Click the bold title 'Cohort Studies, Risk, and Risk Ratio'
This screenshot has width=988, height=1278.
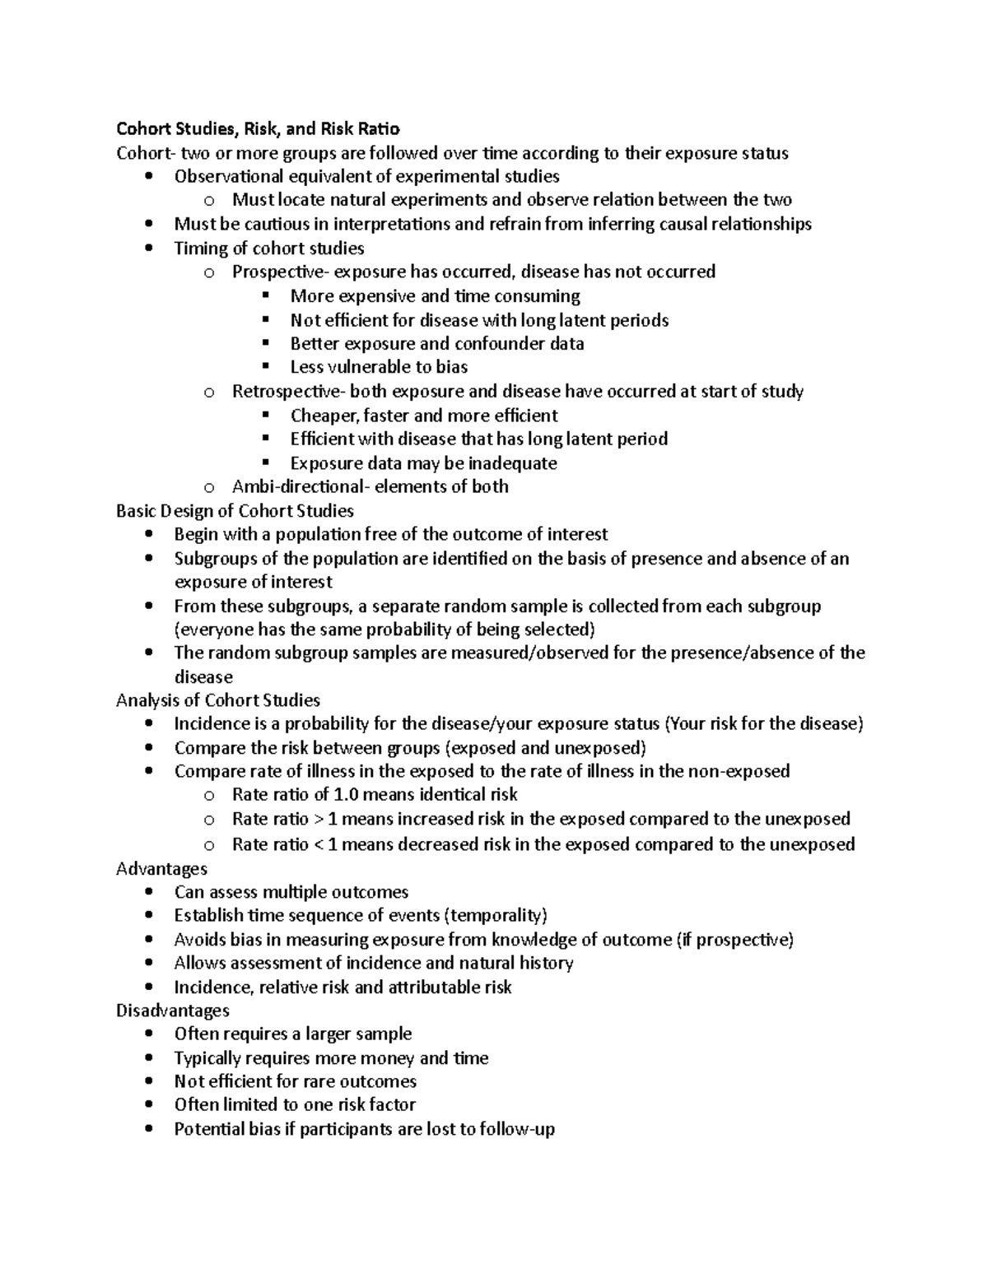point(258,128)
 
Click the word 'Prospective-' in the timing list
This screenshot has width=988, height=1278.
point(273,272)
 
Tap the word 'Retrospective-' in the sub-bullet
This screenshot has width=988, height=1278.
point(281,391)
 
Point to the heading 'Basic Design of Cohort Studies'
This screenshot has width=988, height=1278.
point(235,510)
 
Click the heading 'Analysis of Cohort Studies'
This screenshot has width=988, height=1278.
point(218,700)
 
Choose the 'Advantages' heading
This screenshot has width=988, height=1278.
point(161,869)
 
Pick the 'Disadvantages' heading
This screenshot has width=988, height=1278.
point(173,1011)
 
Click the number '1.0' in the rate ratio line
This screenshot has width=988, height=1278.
point(346,795)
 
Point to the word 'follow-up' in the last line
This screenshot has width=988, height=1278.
point(518,1129)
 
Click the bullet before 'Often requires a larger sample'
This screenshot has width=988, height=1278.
point(148,1034)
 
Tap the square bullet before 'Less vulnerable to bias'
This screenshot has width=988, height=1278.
point(265,367)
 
